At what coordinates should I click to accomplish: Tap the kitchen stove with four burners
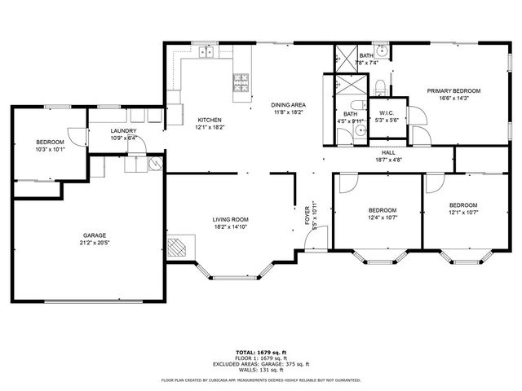(242, 81)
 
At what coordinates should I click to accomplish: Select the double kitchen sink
(206, 53)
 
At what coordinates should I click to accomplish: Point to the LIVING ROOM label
(231, 219)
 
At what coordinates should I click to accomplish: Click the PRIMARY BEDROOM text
(454, 90)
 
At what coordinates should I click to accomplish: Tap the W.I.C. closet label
(386, 113)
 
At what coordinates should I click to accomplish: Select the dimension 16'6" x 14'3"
(454, 98)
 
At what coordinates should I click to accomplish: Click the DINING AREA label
(288, 104)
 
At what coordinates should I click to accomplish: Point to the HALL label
(388, 152)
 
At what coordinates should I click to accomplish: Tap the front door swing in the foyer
(320, 238)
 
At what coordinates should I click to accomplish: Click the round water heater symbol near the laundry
(154, 164)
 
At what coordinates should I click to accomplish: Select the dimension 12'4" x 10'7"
(382, 217)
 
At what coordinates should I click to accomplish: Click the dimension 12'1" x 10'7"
(462, 213)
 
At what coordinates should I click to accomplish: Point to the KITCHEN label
(209, 120)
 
